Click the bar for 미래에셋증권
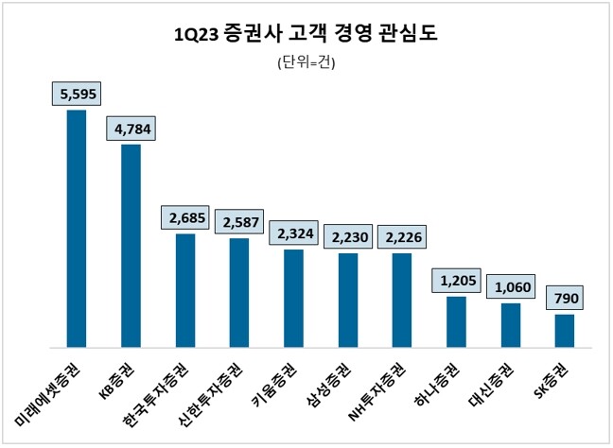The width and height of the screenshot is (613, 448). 77,228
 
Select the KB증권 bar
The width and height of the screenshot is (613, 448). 131,245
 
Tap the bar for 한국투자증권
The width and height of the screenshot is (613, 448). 185,289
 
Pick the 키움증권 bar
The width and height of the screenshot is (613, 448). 293,297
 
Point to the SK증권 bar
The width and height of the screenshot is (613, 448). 564,330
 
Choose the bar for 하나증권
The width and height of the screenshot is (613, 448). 456,321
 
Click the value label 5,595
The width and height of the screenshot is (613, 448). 77,94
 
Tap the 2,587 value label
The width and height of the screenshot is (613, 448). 239,222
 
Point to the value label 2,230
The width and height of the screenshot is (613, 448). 348,237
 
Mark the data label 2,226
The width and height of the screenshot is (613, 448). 402,237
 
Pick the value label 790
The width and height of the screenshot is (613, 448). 565,299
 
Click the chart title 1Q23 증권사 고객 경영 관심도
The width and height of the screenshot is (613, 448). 306,35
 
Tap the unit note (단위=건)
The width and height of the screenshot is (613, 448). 306,63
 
